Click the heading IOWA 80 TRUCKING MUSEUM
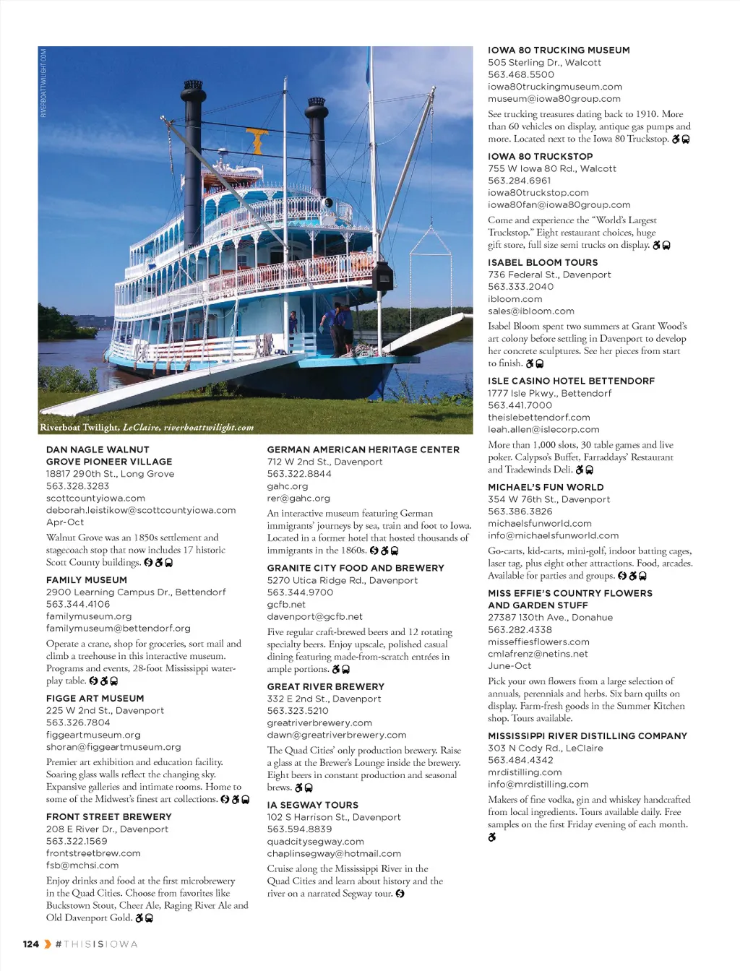coord(559,51)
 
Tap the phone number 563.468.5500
coord(521,74)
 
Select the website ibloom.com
coord(515,299)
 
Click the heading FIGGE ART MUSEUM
coord(95,699)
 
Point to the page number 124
coord(31,944)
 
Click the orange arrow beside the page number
coord(48,944)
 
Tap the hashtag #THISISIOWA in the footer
coord(97,944)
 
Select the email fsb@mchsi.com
coord(82,866)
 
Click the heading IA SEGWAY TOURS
coord(312,805)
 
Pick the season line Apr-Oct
coord(65,522)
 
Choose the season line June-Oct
coord(509,666)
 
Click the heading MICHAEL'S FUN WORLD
coord(546,488)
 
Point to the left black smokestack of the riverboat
coord(193,144)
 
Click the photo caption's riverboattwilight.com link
coord(209,428)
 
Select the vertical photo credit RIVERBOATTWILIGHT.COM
coord(43,83)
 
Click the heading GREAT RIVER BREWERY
coord(325,687)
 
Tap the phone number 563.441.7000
coord(520,405)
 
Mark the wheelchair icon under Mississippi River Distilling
coord(492,837)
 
